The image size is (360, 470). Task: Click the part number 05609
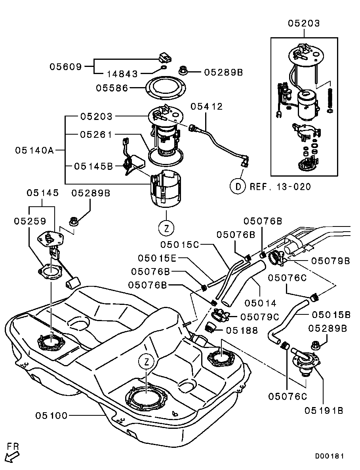65,67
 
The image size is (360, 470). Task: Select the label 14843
122,74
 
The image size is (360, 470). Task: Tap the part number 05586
112,88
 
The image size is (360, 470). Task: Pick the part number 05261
96,135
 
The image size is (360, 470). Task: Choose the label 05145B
93,166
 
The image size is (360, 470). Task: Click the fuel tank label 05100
51,415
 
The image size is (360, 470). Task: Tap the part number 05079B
330,261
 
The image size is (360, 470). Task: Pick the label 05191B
324,411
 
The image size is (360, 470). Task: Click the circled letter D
238,186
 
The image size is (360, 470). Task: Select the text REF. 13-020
280,186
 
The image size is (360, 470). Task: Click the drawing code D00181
330,456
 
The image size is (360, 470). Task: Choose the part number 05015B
331,315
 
